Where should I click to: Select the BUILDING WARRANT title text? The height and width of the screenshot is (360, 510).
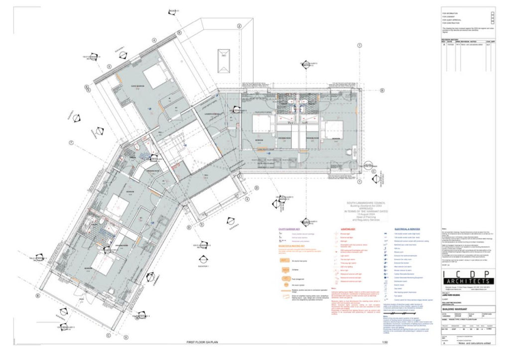pyautogui.click(x=455, y=309)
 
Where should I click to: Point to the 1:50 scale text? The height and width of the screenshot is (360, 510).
pyautogui.click(x=384, y=343)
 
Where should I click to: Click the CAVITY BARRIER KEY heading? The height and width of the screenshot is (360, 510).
pyautogui.click(x=290, y=230)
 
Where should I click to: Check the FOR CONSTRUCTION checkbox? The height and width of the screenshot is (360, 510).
pyautogui.click(x=492, y=23)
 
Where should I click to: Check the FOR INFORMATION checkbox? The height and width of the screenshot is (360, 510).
pyautogui.click(x=492, y=13)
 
